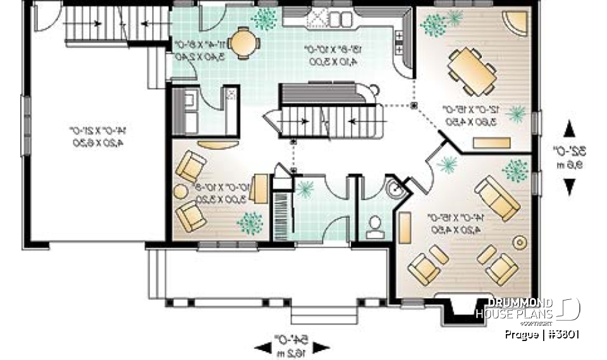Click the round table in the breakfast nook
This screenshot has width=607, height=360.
point(244,44)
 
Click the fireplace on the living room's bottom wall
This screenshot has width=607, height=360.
point(460,307)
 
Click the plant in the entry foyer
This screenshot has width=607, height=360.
point(307,189)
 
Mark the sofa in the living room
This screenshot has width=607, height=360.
point(498,194)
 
